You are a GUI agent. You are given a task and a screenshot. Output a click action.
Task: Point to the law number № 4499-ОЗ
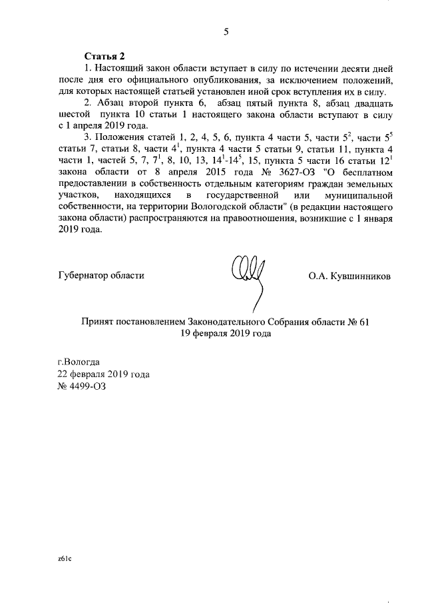(x=82, y=386)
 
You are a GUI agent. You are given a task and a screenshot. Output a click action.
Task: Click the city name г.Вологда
(x=79, y=362)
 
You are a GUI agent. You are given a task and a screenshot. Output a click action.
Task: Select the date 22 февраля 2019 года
(x=104, y=374)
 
